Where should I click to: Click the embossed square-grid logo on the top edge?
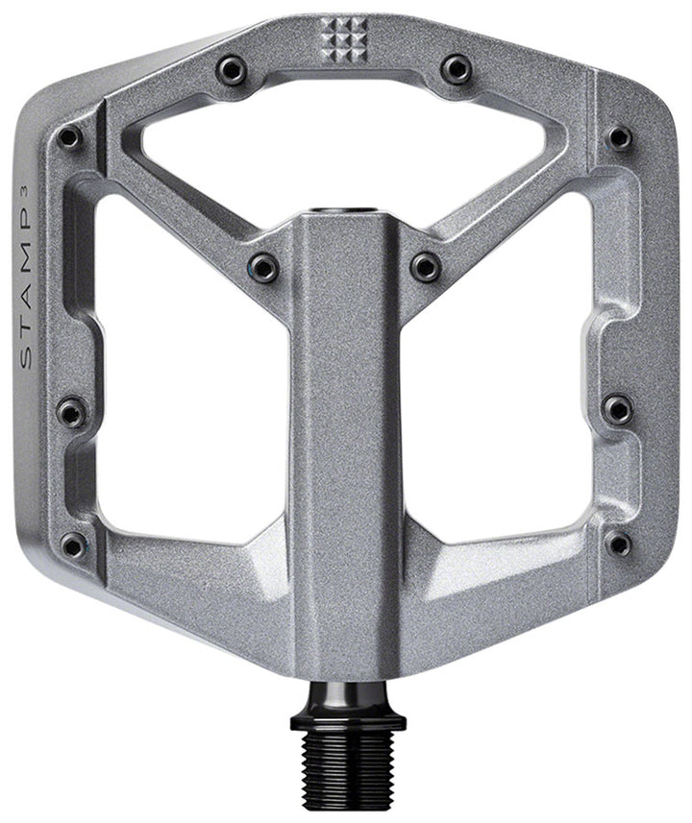pos(344,40)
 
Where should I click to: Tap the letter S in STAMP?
pos(26,358)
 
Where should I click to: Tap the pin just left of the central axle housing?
pos(263,267)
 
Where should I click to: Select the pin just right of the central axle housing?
pos(425,267)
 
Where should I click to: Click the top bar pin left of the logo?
pos(232,70)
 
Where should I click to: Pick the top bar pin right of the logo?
pos(456,69)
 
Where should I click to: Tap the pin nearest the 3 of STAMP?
pos(69,138)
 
